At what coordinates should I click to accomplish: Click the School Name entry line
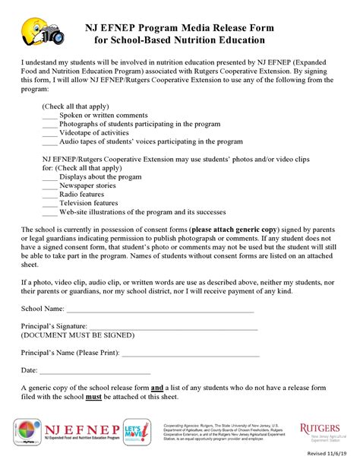tap(159, 311)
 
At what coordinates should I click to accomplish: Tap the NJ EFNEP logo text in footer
tap(87, 429)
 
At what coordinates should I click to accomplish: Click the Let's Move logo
tap(136, 433)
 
